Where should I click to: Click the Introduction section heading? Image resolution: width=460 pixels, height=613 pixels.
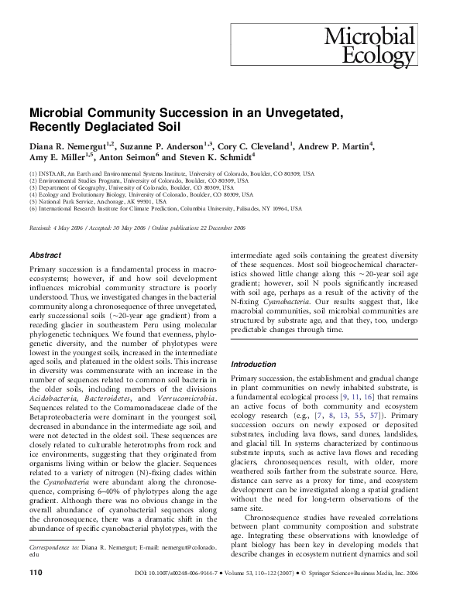[x=255, y=364]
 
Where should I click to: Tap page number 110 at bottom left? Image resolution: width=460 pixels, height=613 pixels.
[x=35, y=594]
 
